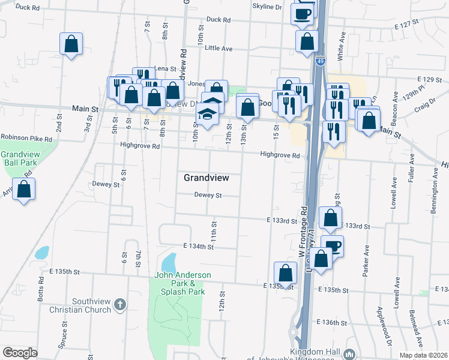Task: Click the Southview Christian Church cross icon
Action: [x=120, y=305]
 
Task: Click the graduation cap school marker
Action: [x=207, y=114]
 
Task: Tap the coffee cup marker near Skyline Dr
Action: [x=302, y=13]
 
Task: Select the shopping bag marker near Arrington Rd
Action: [x=23, y=190]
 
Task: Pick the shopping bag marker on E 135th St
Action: [x=285, y=273]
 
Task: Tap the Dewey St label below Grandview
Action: [x=208, y=195]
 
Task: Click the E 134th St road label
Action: [x=199, y=247]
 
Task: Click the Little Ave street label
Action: [x=218, y=48]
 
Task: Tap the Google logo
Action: [x=20, y=353]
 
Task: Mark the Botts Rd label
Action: [x=41, y=289]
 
